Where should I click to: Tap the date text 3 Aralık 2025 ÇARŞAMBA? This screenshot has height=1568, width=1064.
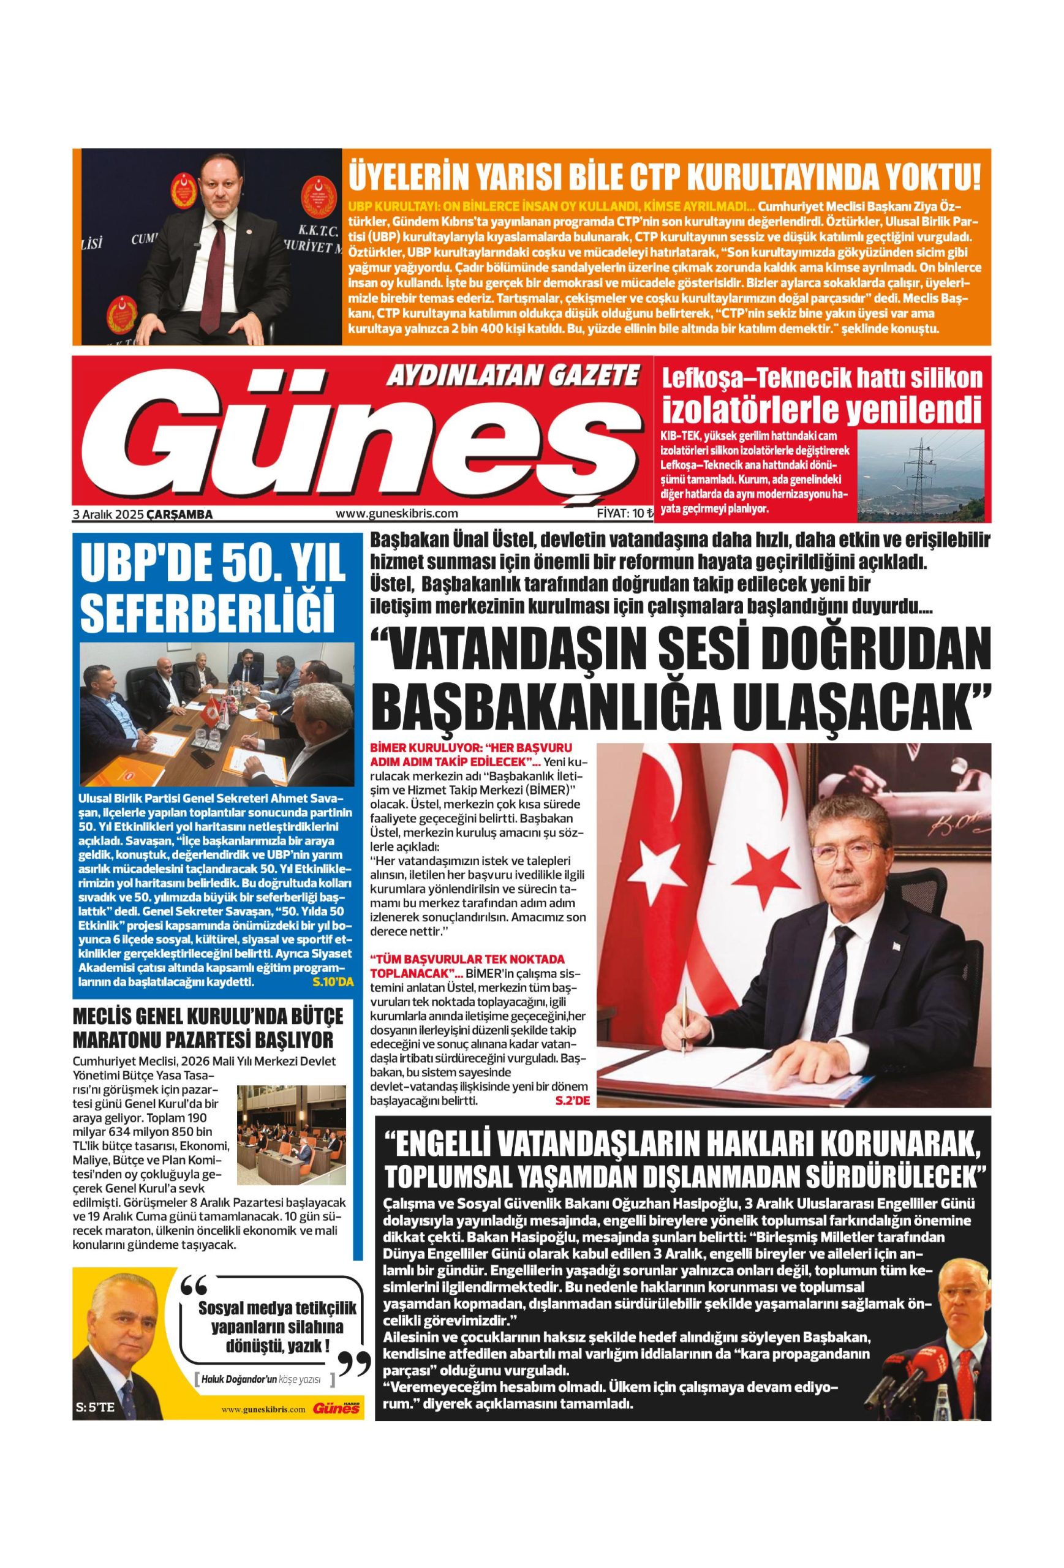click(143, 514)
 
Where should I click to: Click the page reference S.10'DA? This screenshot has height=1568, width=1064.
click(333, 982)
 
